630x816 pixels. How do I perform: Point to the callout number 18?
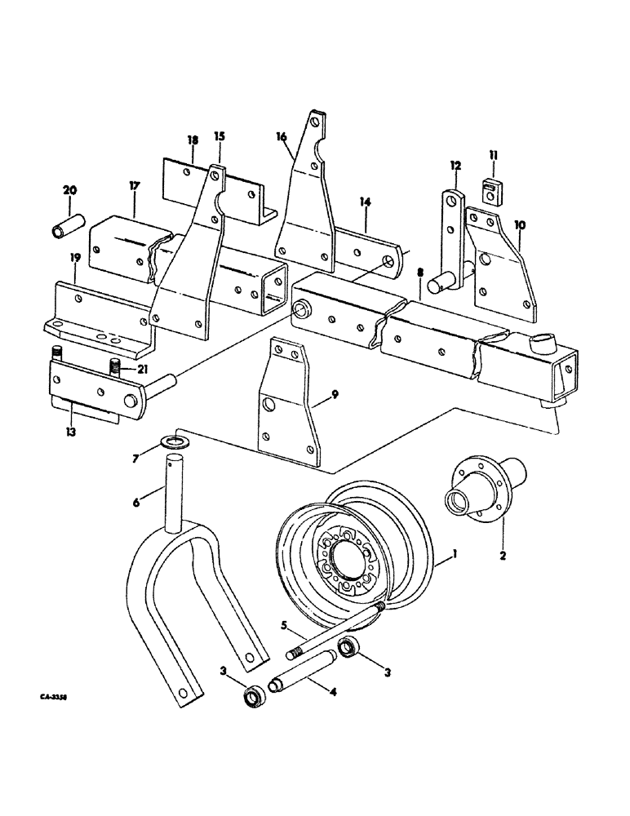193,140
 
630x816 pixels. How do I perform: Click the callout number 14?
365,200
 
